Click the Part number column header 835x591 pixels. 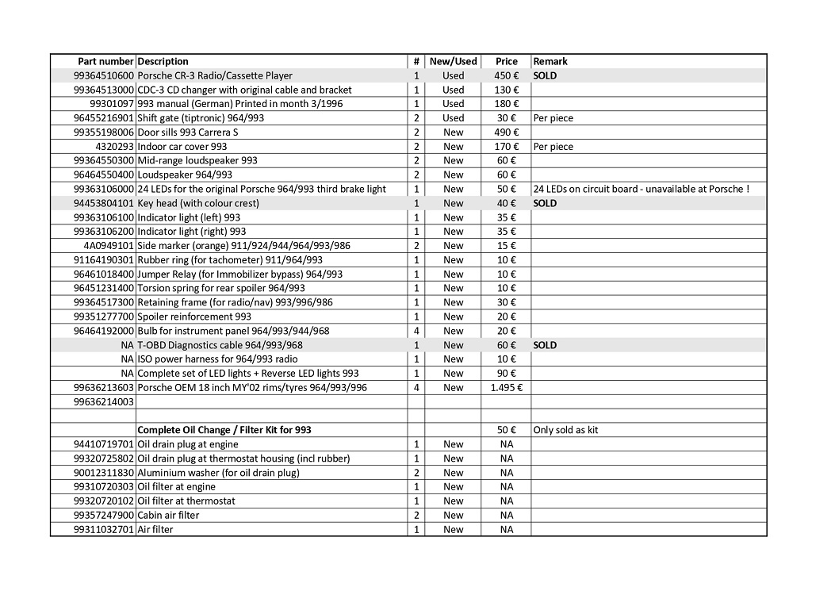[105, 61]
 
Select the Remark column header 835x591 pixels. [550, 61]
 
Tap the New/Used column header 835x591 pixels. [453, 61]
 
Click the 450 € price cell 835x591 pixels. [507, 75]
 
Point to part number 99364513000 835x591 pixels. [104, 90]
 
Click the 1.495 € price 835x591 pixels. [507, 387]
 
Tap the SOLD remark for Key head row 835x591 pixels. [546, 203]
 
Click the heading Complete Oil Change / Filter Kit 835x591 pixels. [224, 430]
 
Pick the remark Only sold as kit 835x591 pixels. [566, 430]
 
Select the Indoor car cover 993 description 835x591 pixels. [182, 146]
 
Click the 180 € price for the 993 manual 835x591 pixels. [507, 104]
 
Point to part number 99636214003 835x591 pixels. [104, 401]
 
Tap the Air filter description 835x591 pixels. [155, 529]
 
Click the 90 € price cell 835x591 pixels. [507, 373]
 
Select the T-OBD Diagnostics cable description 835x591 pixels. [220, 345]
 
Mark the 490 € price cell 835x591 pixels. [507, 132]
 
